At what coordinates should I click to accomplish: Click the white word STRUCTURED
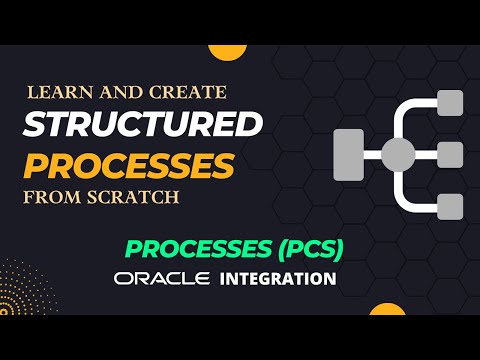[x=142, y=125]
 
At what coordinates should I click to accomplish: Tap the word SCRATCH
[x=132, y=197]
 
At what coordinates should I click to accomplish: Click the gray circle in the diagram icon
[x=398, y=155]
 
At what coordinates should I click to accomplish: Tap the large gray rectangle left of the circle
[x=347, y=155]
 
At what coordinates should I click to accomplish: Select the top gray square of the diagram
[x=451, y=103]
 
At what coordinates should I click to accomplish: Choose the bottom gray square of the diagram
[x=451, y=206]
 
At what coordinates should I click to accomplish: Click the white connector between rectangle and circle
[x=372, y=155]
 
